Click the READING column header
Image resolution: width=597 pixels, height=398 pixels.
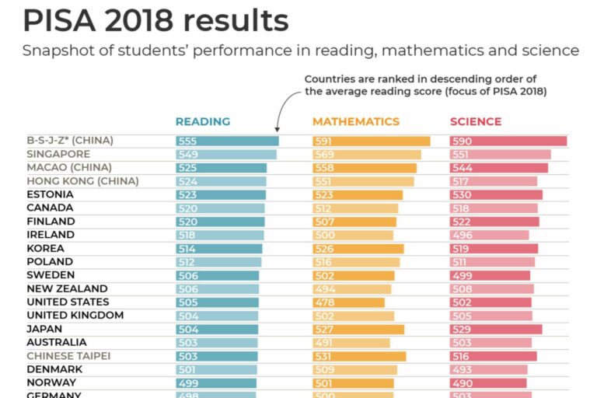pyautogui.click(x=203, y=121)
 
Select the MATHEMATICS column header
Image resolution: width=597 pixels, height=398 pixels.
pyautogui.click(x=356, y=121)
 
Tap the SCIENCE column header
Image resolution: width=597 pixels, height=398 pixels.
pyautogui.click(x=476, y=121)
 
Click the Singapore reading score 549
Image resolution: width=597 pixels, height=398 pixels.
pyautogui.click(x=187, y=155)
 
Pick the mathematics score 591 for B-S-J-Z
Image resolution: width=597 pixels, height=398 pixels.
pyautogui.click(x=323, y=141)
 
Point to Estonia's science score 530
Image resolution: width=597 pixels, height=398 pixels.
pyautogui.click(x=461, y=195)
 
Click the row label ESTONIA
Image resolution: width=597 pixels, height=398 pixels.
pyautogui.click(x=50, y=194)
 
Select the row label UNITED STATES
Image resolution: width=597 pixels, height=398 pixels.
pyautogui.click(x=68, y=302)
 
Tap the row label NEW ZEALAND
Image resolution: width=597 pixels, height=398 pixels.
pyautogui.click(x=67, y=288)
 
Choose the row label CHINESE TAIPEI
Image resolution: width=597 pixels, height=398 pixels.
pyautogui.click(x=68, y=355)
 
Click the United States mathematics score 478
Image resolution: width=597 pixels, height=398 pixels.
pyautogui.click(x=323, y=302)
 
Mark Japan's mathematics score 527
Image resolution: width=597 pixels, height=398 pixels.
pyautogui.click(x=323, y=330)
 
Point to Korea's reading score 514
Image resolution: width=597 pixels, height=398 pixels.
pyautogui.click(x=187, y=249)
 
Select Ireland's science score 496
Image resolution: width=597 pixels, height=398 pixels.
pyautogui.click(x=461, y=236)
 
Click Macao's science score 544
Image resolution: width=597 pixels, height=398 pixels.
pyautogui.click(x=461, y=168)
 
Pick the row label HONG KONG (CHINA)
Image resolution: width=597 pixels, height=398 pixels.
pyautogui.click(x=82, y=181)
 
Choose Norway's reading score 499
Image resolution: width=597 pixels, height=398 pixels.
pyautogui.click(x=187, y=383)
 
